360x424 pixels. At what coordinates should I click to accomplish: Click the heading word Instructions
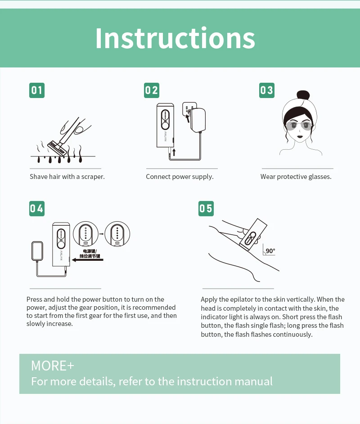tap(175, 38)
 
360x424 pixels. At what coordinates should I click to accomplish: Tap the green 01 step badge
tap(37, 90)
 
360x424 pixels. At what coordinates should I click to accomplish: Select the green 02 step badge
tap(152, 90)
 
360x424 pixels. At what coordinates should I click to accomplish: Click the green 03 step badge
tap(266, 90)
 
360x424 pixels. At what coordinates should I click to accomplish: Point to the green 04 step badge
tap(37, 209)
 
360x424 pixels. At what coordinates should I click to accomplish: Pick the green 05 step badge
tap(206, 209)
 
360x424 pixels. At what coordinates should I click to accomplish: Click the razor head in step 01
tap(57, 148)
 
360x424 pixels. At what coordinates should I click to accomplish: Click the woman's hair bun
tap(303, 95)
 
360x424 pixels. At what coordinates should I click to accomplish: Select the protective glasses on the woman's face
tap(299, 125)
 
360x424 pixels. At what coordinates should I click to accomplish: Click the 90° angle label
tap(270, 251)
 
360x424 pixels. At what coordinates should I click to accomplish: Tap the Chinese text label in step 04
tap(90, 254)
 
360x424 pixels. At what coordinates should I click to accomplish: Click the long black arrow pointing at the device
tap(88, 260)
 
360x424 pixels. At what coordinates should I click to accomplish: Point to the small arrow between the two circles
tap(101, 234)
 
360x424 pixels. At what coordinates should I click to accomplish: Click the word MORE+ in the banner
tap(53, 366)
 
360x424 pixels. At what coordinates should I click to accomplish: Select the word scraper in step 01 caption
tap(93, 177)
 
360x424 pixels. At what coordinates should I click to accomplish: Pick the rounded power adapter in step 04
tap(37, 251)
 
